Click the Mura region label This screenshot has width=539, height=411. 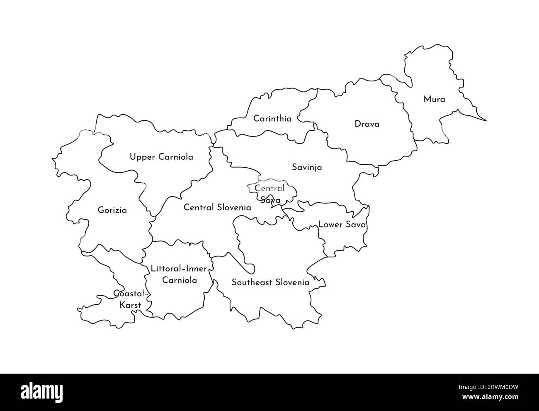tap(434, 100)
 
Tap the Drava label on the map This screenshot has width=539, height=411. tap(367, 124)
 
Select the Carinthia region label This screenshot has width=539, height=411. tap(272, 119)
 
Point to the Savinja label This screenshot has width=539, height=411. tap(307, 168)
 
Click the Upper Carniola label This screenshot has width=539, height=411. tap(161, 157)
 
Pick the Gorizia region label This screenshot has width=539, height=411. tap(112, 210)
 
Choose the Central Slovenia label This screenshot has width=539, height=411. tap(217, 207)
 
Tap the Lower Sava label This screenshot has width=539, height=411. tap(342, 225)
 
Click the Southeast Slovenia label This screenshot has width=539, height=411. tap(270, 283)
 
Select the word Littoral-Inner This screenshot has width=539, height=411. tap(179, 269)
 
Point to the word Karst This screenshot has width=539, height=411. tap(130, 305)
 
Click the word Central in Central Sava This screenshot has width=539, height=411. tap(269, 188)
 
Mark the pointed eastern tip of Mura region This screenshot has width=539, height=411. tap(486, 121)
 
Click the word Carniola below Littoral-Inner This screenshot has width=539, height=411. tap(180, 280)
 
